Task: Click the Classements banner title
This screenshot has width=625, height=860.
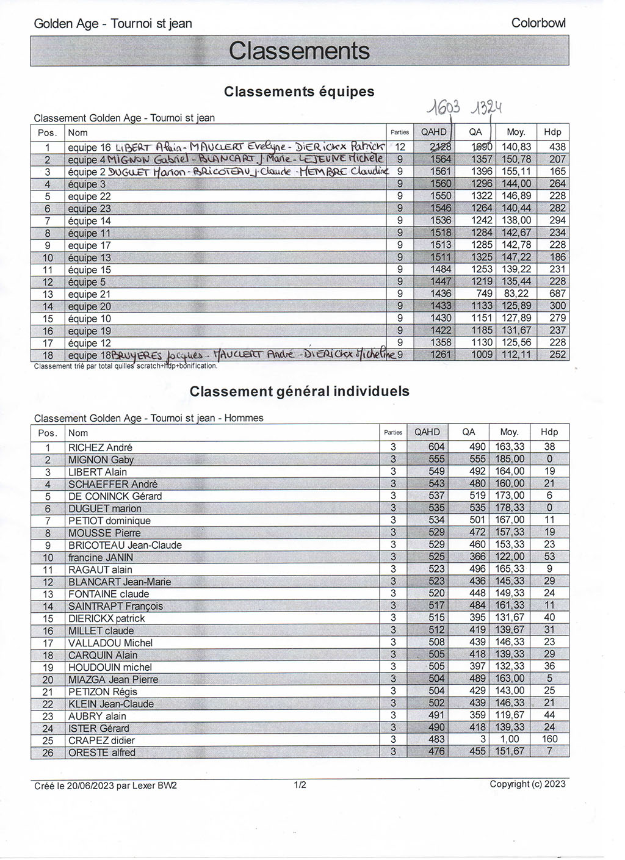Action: (x=299, y=51)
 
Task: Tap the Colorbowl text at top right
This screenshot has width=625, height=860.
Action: (x=538, y=23)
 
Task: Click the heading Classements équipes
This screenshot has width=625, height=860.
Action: (x=299, y=92)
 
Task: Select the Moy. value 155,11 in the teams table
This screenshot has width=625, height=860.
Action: (x=516, y=172)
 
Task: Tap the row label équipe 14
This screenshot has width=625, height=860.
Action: (x=90, y=220)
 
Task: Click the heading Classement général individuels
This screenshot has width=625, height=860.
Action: (x=299, y=391)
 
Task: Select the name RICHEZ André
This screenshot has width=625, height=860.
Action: (x=100, y=447)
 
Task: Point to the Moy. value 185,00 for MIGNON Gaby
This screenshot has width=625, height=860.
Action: (x=510, y=460)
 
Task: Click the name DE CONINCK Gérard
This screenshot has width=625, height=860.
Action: (x=115, y=496)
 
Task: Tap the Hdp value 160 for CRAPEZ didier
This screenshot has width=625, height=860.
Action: (x=549, y=740)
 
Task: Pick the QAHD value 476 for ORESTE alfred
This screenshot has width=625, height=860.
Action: (x=436, y=753)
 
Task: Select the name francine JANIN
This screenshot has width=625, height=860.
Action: (x=100, y=557)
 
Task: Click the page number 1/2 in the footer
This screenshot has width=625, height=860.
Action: (x=300, y=785)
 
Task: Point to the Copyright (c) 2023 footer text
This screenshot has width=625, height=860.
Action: (x=527, y=784)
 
